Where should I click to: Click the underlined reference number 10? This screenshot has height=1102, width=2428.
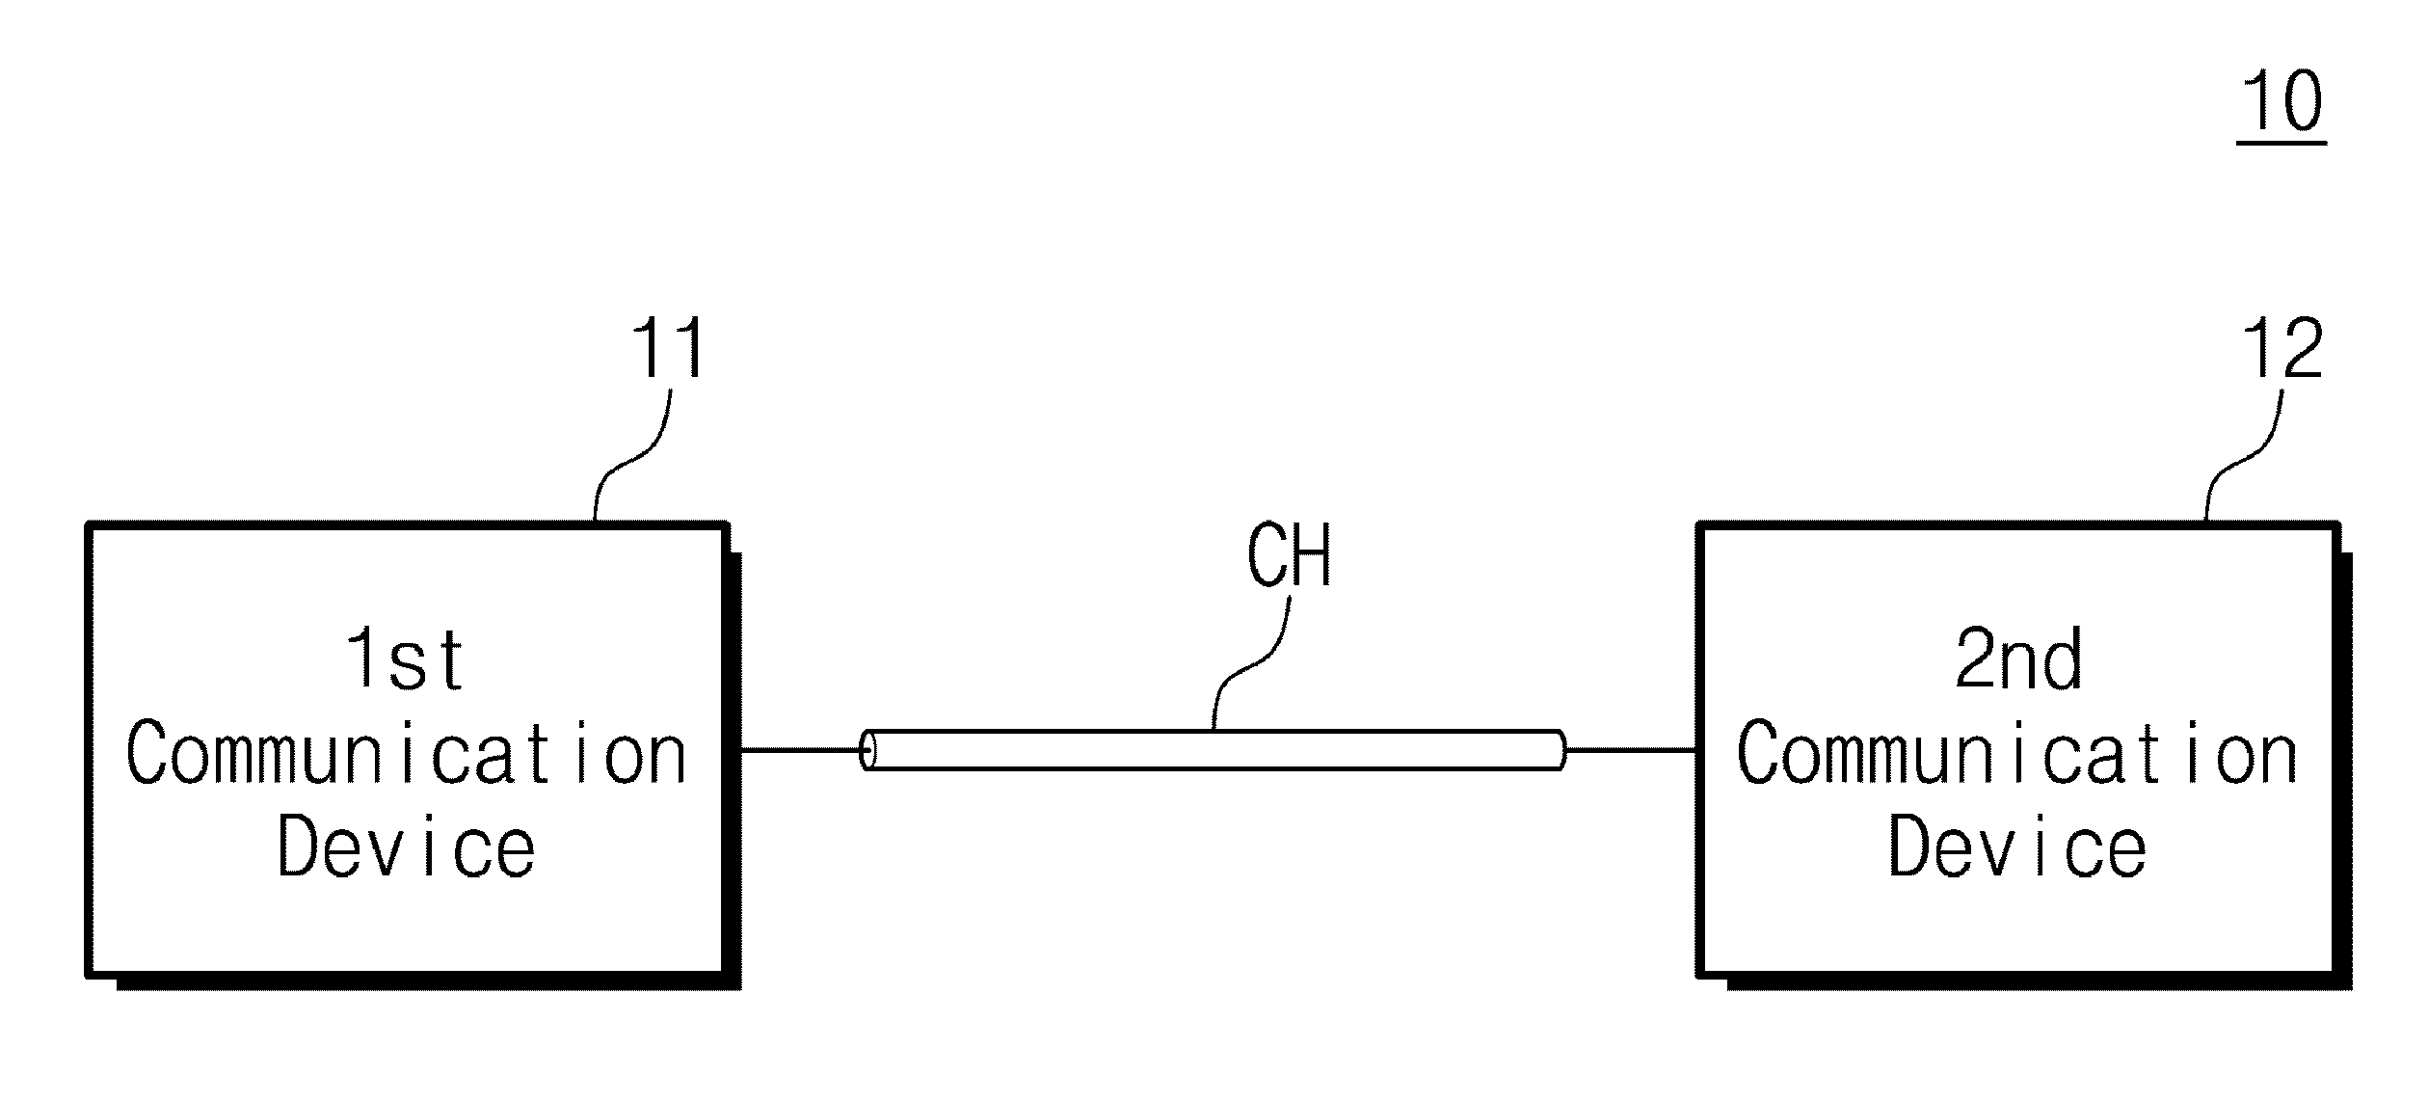click(2282, 102)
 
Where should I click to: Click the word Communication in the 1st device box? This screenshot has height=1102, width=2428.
click(406, 754)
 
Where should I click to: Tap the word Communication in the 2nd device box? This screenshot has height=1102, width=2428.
click(2017, 754)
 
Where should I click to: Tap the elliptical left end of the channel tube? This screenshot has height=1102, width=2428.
click(868, 750)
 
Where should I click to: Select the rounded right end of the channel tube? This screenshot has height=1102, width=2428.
click(1560, 750)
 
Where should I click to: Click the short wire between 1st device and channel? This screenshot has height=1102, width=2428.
click(800, 749)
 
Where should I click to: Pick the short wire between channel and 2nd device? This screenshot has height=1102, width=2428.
click(1632, 749)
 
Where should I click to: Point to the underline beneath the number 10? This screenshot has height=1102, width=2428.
click(2281, 144)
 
